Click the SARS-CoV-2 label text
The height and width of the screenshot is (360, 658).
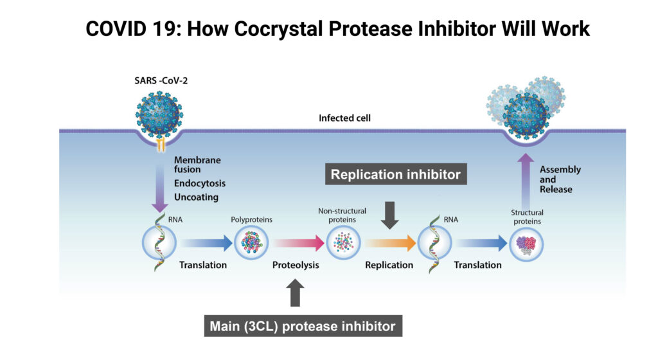(161, 80)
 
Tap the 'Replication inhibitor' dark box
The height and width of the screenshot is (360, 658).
(396, 174)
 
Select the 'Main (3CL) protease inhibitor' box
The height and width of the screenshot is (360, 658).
(303, 326)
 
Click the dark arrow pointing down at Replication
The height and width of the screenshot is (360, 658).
(390, 215)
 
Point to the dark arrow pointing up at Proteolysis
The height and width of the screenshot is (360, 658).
(295, 293)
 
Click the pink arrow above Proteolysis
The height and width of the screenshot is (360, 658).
(298, 243)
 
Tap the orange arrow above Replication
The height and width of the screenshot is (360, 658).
(390, 243)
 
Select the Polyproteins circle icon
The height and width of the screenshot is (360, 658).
(251, 242)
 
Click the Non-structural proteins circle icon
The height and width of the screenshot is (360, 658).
(343, 242)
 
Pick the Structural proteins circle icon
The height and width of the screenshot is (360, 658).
(526, 244)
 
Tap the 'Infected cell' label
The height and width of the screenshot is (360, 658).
(344, 118)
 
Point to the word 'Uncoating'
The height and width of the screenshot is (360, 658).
(197, 197)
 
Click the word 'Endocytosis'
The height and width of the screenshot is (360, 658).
(200, 183)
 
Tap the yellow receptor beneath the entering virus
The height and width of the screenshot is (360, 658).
(161, 145)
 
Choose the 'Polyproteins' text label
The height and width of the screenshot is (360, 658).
(251, 219)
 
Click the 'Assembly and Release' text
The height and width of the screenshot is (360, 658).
(560, 179)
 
